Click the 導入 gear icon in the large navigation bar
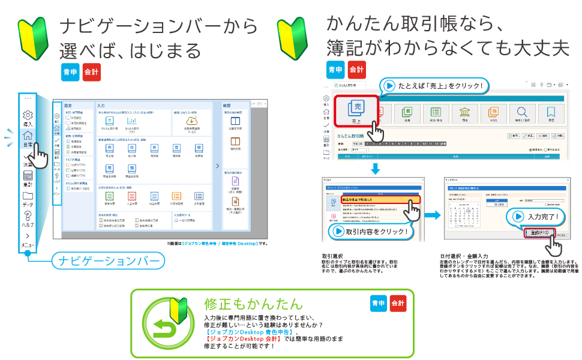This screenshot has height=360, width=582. [x=27, y=115]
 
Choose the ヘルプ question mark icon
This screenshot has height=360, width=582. [x=27, y=216]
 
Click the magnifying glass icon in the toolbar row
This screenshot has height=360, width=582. [x=521, y=112]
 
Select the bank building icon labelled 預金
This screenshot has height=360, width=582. [x=464, y=112]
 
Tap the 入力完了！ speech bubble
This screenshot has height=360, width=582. [x=533, y=217]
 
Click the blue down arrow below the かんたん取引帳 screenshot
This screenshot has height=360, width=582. [x=375, y=169]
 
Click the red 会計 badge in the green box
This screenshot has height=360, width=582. [x=398, y=303]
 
